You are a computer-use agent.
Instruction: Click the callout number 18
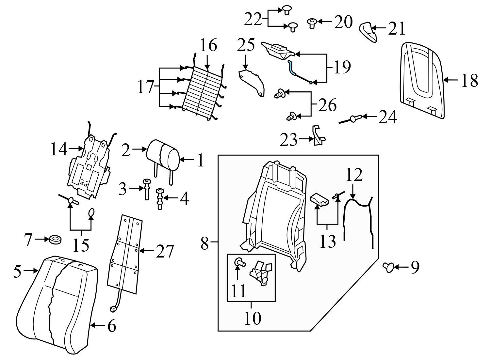pyautogui.click(x=469, y=80)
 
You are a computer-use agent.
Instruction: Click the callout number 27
pyautogui.click(x=165, y=252)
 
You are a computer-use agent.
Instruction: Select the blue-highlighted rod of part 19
pyautogui.click(x=292, y=68)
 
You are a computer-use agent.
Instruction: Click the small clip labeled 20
pyautogui.click(x=312, y=22)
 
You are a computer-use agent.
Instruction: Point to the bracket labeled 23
pyautogui.click(x=318, y=135)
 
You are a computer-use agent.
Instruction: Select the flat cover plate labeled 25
pyautogui.click(x=252, y=82)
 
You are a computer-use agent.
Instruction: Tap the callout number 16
pyautogui.click(x=208, y=45)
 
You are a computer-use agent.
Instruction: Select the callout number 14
pyautogui.click(x=58, y=150)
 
